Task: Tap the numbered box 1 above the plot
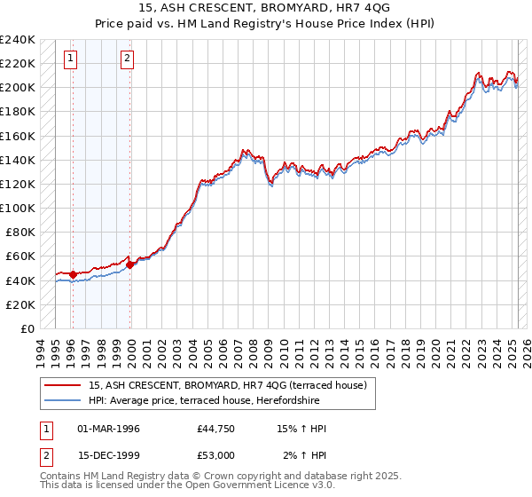70,59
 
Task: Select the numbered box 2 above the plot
127,59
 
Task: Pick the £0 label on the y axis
27,328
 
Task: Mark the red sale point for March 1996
73,274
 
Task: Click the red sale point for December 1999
130,264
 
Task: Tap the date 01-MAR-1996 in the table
108,429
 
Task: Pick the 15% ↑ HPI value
302,429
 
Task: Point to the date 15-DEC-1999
108,455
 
